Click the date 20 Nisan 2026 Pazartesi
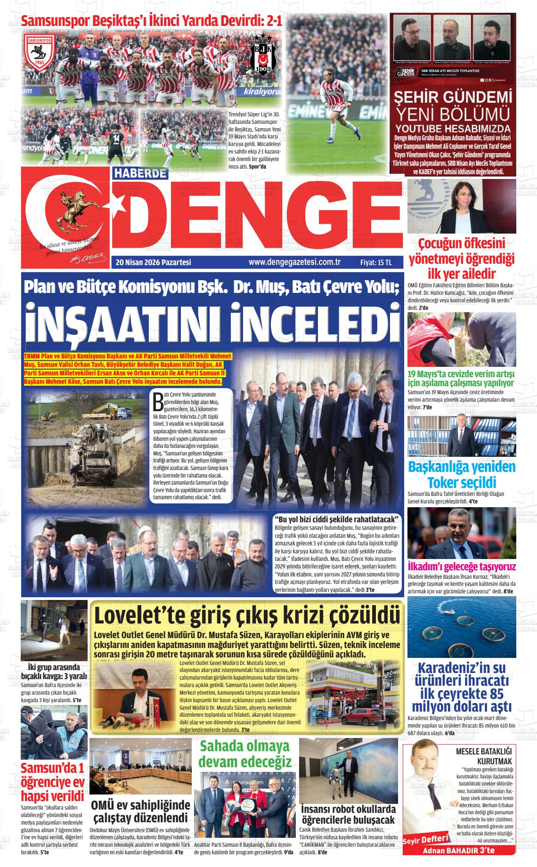tap(153, 263)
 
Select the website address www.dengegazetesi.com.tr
tap(294, 263)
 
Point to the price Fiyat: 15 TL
tap(376, 263)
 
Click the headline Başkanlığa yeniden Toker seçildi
tap(455, 475)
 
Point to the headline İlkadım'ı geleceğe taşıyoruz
tap(462, 567)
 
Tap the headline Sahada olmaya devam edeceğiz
tap(245, 754)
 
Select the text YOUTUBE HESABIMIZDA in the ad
tap(452, 129)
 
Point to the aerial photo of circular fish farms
tap(462, 627)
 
